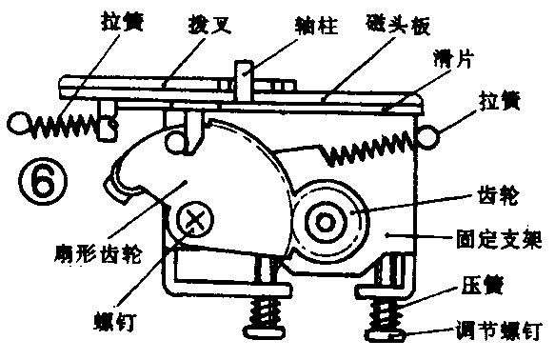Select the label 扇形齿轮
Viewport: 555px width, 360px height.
click(x=87, y=256)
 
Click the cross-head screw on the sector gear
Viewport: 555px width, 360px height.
click(x=197, y=221)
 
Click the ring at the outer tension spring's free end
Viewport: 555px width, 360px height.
click(x=20, y=121)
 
